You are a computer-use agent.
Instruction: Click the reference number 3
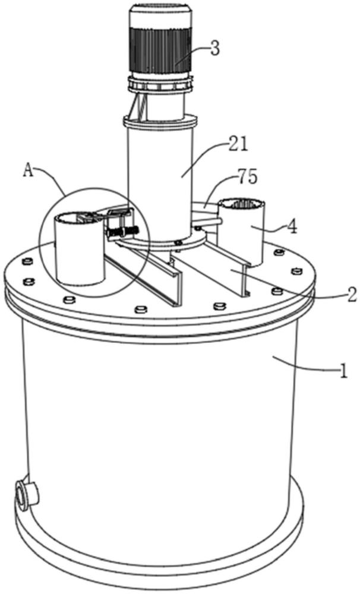coord(215,49)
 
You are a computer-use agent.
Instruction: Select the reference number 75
coord(248,176)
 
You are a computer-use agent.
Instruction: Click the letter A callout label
coord(28,170)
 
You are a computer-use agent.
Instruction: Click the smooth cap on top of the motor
coord(160,17)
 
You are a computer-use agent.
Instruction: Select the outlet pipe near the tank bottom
coord(27,493)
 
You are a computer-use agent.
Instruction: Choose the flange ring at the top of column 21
coord(160,122)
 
